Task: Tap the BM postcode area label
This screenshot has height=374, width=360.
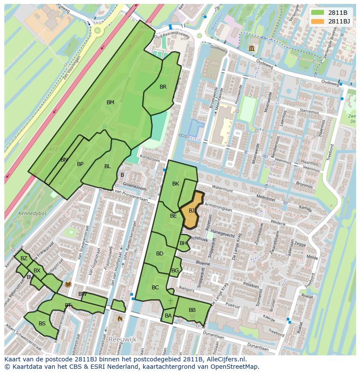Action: pos(110,103)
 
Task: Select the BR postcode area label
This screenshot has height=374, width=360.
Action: pos(163,87)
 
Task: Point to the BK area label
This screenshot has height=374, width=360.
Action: pos(176,184)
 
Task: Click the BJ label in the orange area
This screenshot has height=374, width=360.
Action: pos(191,211)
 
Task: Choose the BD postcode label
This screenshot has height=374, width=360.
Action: pos(160,254)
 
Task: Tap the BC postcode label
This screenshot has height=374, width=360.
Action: pos(155,288)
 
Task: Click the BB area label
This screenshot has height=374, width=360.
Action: pos(192,310)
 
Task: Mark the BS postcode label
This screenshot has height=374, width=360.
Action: pos(42,324)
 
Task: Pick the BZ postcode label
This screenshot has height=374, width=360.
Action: pos(24,258)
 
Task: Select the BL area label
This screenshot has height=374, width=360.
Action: pos(107,166)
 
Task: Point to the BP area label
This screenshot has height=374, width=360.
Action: pos(80,164)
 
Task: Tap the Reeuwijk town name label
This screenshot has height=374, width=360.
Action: pos(123,339)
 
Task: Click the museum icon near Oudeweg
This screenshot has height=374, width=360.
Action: pos(252,48)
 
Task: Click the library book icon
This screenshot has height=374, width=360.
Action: pos(68,285)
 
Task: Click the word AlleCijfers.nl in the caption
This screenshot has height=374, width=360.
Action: pos(226,360)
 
